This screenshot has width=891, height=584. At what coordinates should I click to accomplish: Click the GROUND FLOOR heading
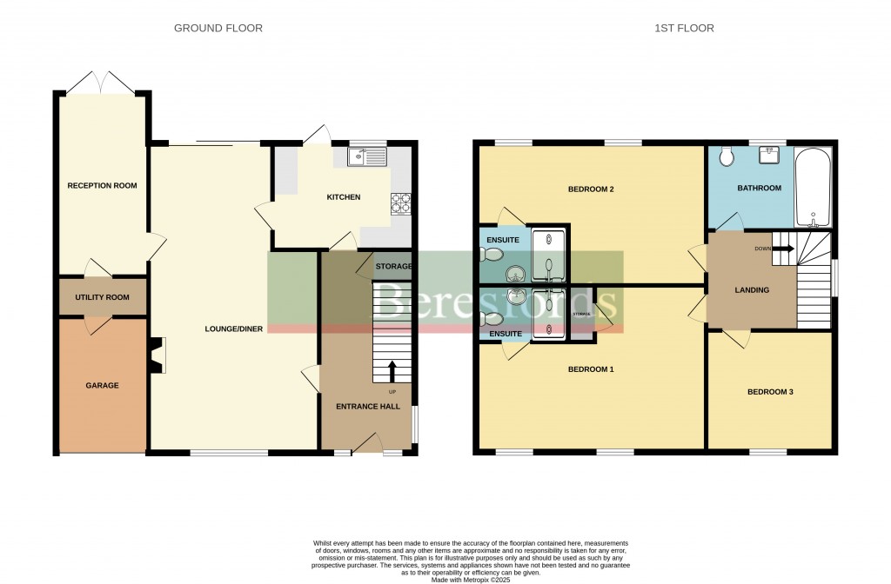218,29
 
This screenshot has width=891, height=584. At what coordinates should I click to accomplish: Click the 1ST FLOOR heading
684,29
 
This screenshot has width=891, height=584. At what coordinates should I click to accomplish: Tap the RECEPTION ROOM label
103,185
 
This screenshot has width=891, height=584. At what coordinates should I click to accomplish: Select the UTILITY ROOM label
102,297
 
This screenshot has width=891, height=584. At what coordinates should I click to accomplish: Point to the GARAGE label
102,385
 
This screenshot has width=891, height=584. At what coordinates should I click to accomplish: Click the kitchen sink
366,156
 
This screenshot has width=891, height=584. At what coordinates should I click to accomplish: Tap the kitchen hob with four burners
400,202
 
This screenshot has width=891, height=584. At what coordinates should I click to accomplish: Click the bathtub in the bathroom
814,187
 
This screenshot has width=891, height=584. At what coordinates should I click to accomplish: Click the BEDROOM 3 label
770,392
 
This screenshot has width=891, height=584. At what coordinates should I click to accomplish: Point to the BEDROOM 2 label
591,189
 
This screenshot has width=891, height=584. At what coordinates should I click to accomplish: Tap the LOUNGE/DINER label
234,328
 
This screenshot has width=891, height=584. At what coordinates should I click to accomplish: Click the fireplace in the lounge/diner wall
157,355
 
